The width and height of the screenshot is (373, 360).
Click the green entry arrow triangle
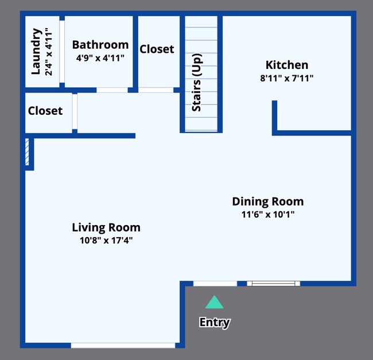(x=215, y=302)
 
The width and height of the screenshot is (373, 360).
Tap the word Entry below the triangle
(x=215, y=323)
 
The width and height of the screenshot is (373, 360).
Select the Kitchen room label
(x=287, y=65)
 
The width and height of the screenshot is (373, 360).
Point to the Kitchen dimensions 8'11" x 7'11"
(x=287, y=78)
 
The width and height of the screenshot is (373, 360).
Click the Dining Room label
(x=268, y=202)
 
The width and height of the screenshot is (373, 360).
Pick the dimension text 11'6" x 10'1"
(x=268, y=215)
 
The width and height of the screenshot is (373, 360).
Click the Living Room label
(x=106, y=227)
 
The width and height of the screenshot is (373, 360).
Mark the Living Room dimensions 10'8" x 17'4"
(x=106, y=241)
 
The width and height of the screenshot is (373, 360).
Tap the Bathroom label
(x=100, y=45)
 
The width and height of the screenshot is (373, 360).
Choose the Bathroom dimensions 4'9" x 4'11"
(x=100, y=58)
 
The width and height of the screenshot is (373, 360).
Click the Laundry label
(x=36, y=52)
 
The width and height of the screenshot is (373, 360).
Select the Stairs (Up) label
(x=197, y=82)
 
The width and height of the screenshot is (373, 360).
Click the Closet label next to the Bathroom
(x=157, y=49)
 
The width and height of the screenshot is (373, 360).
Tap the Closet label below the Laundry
(x=45, y=111)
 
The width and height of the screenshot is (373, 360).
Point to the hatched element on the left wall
(x=27, y=152)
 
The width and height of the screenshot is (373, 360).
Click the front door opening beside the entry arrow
(x=215, y=284)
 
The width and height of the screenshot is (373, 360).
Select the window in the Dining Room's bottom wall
(x=273, y=284)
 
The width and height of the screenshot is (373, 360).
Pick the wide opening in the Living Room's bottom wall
(x=123, y=346)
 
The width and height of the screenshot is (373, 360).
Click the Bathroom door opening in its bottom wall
(x=112, y=90)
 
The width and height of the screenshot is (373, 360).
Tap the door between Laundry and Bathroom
(x=62, y=52)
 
